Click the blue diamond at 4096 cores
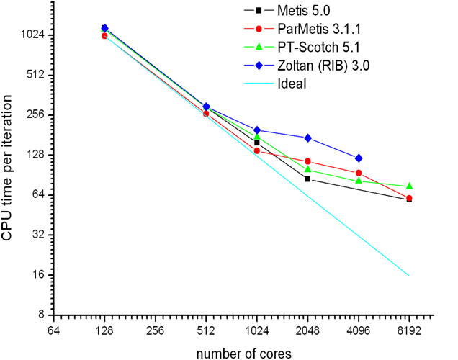(359, 158)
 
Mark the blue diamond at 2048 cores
(307, 138)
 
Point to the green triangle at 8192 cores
(409, 186)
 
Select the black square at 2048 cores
(307, 179)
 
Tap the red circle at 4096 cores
(359, 173)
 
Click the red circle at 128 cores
(104, 36)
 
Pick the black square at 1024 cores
(257, 143)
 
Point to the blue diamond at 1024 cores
(257, 130)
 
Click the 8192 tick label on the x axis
(409, 331)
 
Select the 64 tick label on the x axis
(54, 331)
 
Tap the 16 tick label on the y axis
(38, 275)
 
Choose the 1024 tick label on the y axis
(32, 35)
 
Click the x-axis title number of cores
(244, 354)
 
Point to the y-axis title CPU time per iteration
(7, 168)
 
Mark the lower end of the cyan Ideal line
(409, 276)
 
